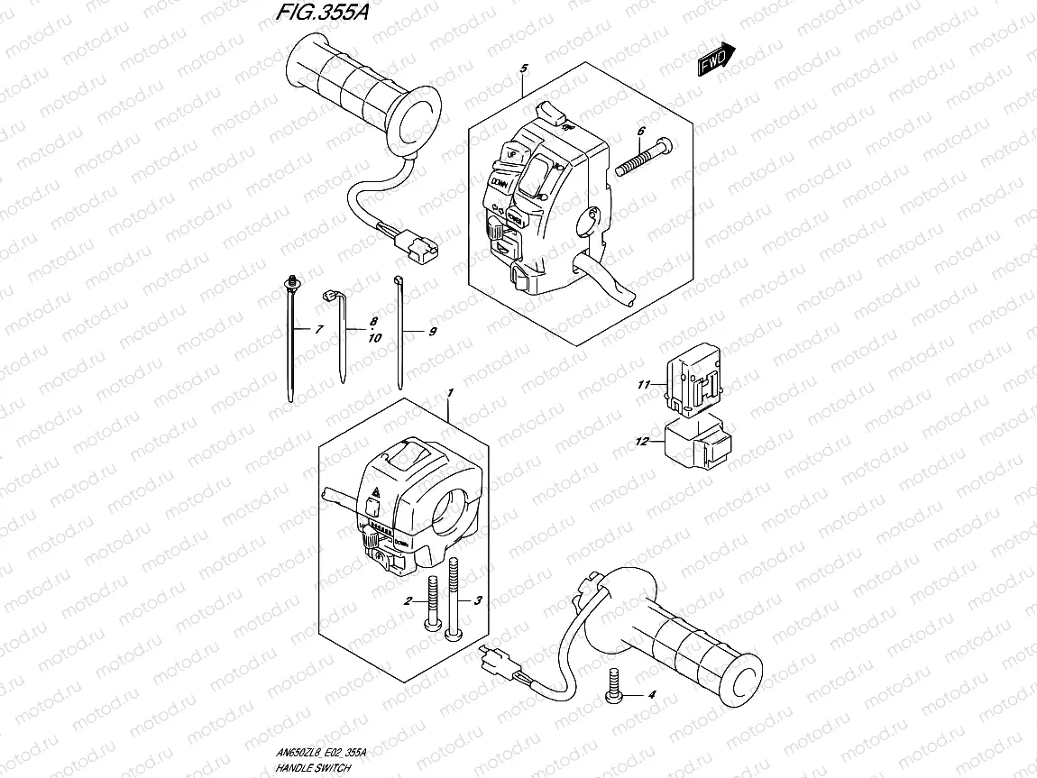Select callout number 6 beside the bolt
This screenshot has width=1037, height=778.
pyautogui.click(x=641, y=132)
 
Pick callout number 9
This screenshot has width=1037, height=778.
pyautogui.click(x=432, y=333)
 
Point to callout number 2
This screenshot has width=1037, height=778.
pyautogui.click(x=408, y=600)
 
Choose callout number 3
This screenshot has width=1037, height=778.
pyautogui.click(x=479, y=600)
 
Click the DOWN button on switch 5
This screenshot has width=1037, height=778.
pyautogui.click(x=500, y=184)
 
